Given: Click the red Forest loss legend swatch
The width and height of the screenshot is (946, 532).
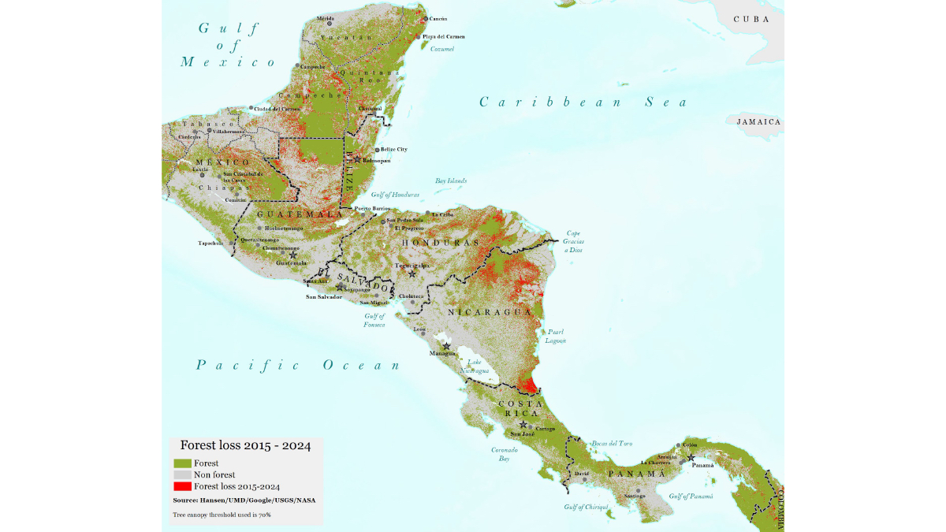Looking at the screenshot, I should pyautogui.click(x=182, y=486).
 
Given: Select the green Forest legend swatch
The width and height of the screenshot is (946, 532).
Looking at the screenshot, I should pyautogui.click(x=182, y=463).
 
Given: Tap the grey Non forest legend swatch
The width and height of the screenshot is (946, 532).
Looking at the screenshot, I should pyautogui.click(x=182, y=474).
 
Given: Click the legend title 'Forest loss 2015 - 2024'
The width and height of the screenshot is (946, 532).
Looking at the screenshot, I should pyautogui.click(x=245, y=445).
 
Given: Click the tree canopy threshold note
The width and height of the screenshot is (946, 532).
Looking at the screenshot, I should pyautogui.click(x=222, y=515).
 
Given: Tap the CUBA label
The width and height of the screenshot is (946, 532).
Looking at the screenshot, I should pyautogui.click(x=751, y=19).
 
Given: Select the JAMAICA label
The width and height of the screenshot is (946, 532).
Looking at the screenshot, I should pyautogui.click(x=758, y=122).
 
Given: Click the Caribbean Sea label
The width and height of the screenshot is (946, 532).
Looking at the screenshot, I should pyautogui.click(x=583, y=102).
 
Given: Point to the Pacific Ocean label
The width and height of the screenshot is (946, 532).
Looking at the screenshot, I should pyautogui.click(x=299, y=365).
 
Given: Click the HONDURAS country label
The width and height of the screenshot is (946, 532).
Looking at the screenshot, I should pyautogui.click(x=441, y=243).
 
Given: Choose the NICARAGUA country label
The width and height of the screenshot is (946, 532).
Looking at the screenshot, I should pyautogui.click(x=490, y=312).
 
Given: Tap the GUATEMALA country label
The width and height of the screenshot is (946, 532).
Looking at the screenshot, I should pyautogui.click(x=300, y=214).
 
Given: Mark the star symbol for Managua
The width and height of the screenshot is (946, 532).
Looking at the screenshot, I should pyautogui.click(x=446, y=346).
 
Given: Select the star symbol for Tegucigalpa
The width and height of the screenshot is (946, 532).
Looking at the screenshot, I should pyautogui.click(x=412, y=273).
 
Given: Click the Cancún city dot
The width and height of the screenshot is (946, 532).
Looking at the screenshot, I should pyautogui.click(x=426, y=19).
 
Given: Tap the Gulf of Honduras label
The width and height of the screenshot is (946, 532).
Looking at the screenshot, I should pyautogui.click(x=395, y=195).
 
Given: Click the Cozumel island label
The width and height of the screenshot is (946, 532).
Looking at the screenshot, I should pyautogui.click(x=442, y=49).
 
